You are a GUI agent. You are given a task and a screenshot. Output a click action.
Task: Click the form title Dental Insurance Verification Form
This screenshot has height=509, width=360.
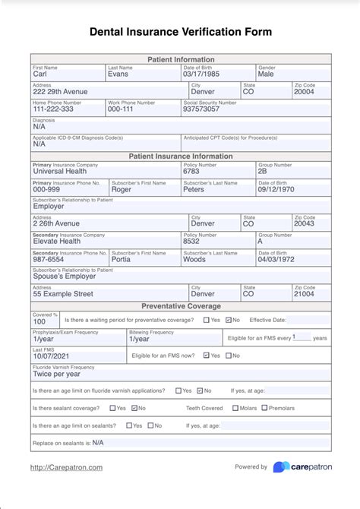[x=180, y=32]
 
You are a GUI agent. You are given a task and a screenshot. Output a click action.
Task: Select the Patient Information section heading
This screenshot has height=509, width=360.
[x=180, y=59]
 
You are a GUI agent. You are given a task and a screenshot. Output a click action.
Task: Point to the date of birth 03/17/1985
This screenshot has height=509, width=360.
[x=201, y=74]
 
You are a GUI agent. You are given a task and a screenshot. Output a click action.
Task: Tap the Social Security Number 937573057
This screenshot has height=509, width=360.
[x=201, y=109]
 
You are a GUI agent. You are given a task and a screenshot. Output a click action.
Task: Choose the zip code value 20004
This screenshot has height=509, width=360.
[x=304, y=92]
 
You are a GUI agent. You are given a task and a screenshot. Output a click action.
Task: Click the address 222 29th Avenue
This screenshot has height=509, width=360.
[x=62, y=92]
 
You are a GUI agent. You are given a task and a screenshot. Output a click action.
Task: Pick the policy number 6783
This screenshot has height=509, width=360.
[x=191, y=172]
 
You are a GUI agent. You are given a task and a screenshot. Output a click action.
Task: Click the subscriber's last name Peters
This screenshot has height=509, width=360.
[x=194, y=189]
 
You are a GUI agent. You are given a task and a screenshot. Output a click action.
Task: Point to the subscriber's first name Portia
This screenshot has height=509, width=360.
[x=122, y=259]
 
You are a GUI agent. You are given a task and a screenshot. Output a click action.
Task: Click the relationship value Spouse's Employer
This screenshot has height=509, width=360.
[x=65, y=277]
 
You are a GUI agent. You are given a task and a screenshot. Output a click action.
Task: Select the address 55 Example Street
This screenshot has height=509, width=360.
[x=63, y=294]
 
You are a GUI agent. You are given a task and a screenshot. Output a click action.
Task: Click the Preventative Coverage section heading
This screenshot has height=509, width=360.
[x=180, y=306]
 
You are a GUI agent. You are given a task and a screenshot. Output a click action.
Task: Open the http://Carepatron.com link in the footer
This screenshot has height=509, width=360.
[x=66, y=467]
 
